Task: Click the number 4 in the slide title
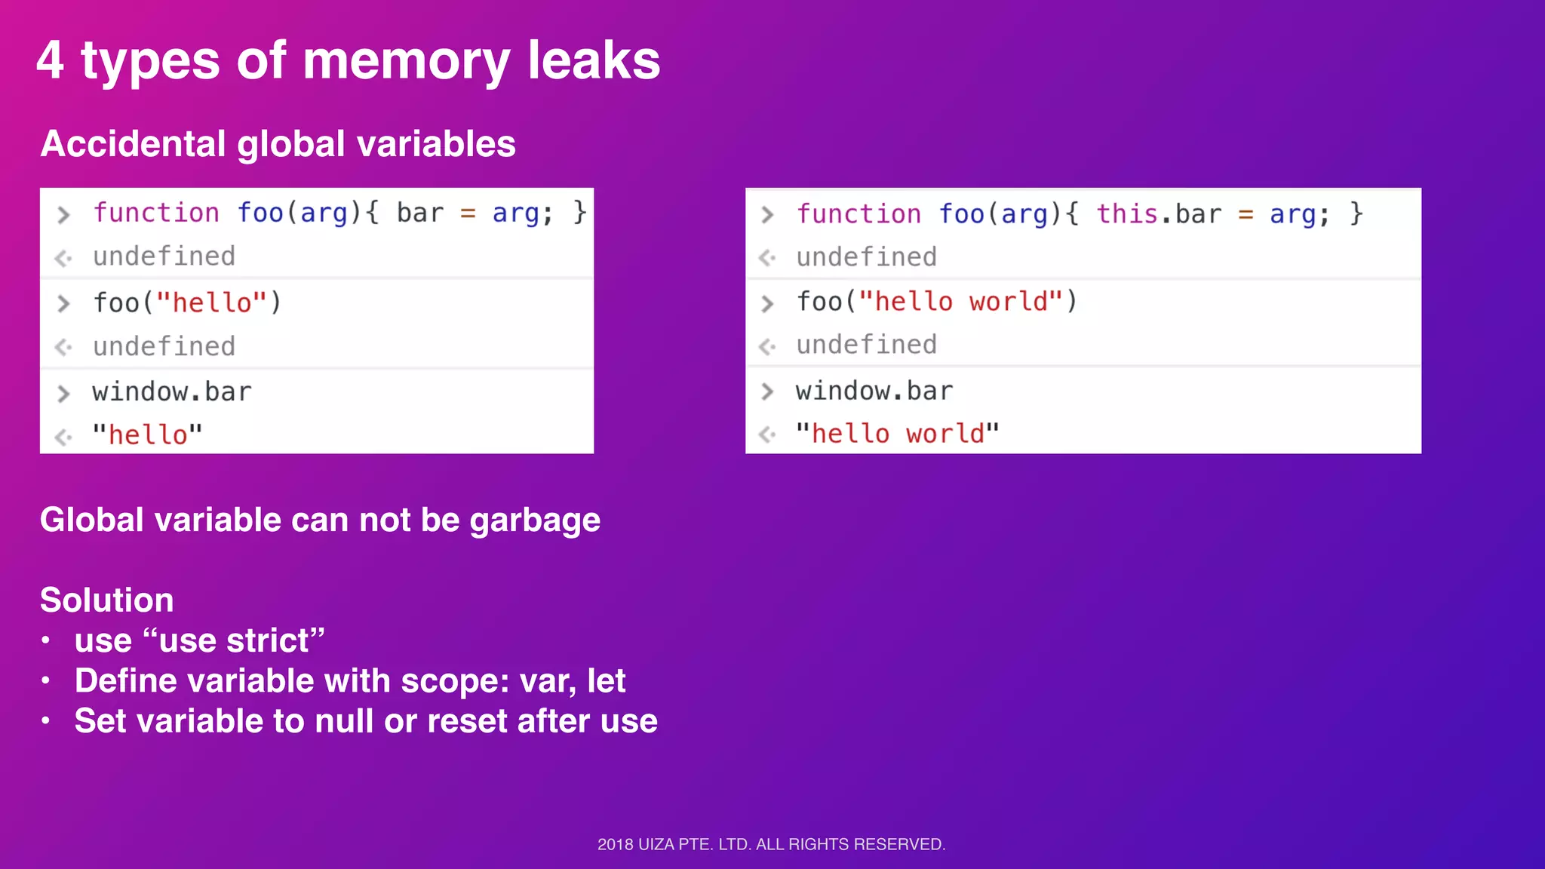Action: [50, 60]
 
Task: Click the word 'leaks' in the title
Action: [594, 60]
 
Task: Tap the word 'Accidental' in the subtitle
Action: [133, 143]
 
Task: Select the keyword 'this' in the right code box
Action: [1127, 213]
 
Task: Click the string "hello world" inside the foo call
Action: [961, 302]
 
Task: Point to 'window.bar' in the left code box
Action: [172, 392]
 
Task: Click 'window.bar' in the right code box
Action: [874, 391]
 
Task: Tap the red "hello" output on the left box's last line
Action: [148, 434]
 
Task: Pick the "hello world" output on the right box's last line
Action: [898, 434]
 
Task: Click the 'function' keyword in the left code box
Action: [156, 213]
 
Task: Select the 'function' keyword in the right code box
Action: [859, 213]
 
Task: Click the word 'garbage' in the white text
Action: [535, 520]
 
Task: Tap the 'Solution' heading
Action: [107, 600]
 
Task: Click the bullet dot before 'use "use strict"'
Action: [46, 641]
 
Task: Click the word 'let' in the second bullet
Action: [607, 681]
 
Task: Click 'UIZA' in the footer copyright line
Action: [656, 844]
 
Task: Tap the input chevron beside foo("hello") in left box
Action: [64, 303]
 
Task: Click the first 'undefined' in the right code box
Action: [867, 257]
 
